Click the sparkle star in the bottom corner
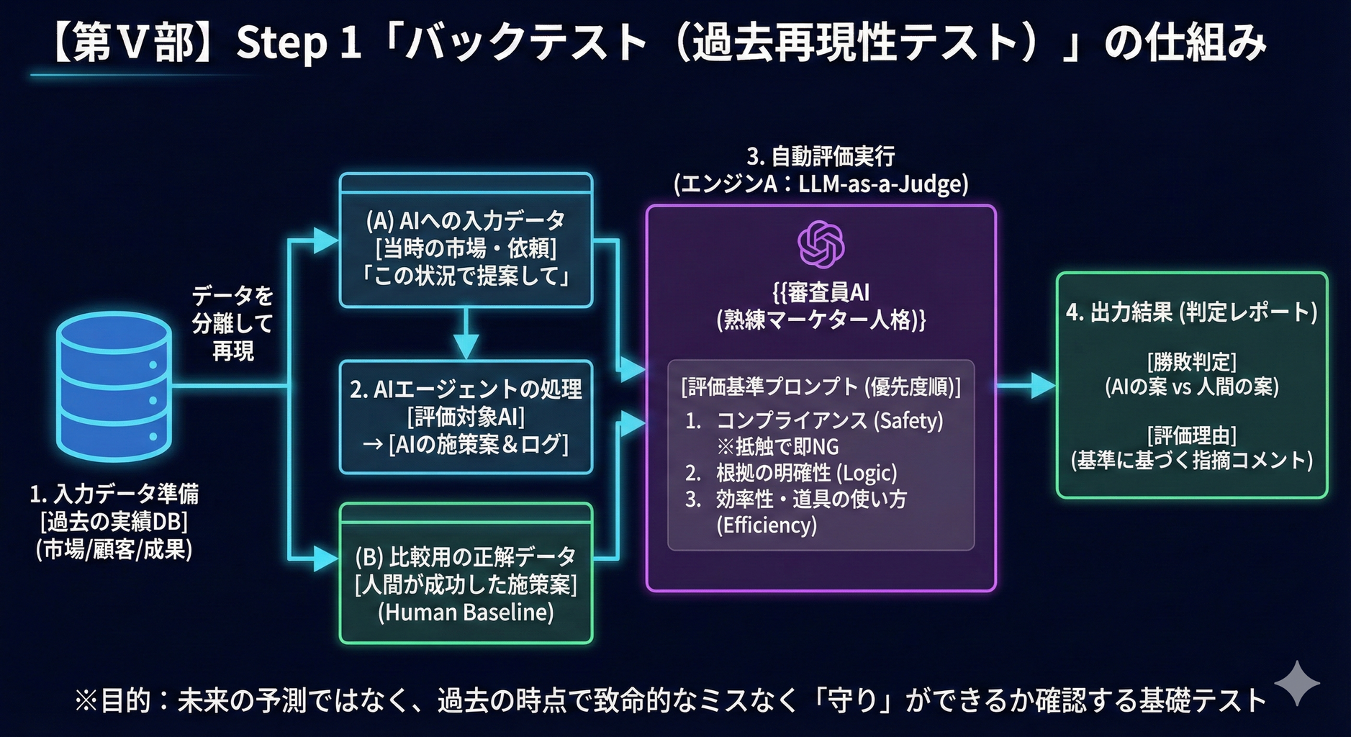[1297, 682]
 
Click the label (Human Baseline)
[466, 612]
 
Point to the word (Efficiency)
[767, 525]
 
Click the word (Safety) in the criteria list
[908, 420]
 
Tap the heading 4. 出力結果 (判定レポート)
[1191, 312]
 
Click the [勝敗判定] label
[1191, 361]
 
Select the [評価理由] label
[1191, 435]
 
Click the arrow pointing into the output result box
[1040, 386]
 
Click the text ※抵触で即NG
[777, 447]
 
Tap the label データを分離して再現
[232, 323]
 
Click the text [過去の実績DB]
[114, 522]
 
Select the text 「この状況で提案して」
[466, 276]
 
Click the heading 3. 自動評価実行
[821, 156]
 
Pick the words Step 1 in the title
[298, 43]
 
